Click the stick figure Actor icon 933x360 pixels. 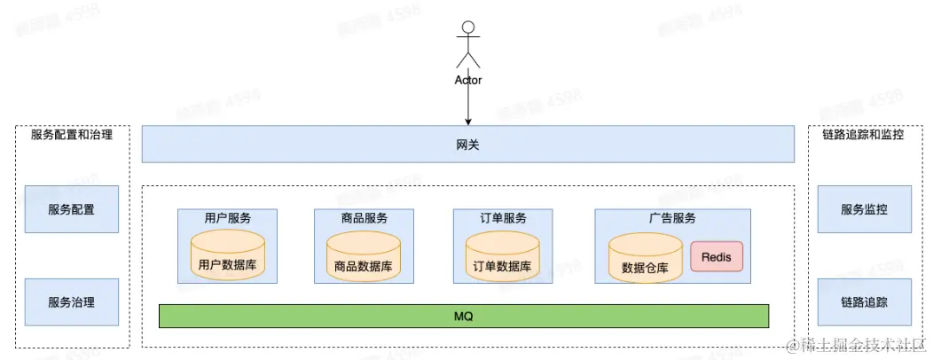point(467,44)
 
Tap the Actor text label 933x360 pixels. point(467,80)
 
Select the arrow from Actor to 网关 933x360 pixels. point(468,106)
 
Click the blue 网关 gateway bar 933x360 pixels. point(468,145)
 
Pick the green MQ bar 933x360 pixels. point(463,317)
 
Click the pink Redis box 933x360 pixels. point(716,257)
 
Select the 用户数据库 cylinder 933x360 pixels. point(228,256)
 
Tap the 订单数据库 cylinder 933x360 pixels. point(502,257)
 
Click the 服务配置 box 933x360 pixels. point(71,209)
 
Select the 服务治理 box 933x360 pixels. point(71,302)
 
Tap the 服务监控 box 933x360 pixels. point(864,209)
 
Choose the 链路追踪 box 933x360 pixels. point(864,302)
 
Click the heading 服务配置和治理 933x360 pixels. point(72,136)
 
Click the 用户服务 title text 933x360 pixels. point(227,218)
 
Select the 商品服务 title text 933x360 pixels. point(363,218)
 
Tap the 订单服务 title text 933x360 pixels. point(502,218)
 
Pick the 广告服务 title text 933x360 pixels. point(671,218)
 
